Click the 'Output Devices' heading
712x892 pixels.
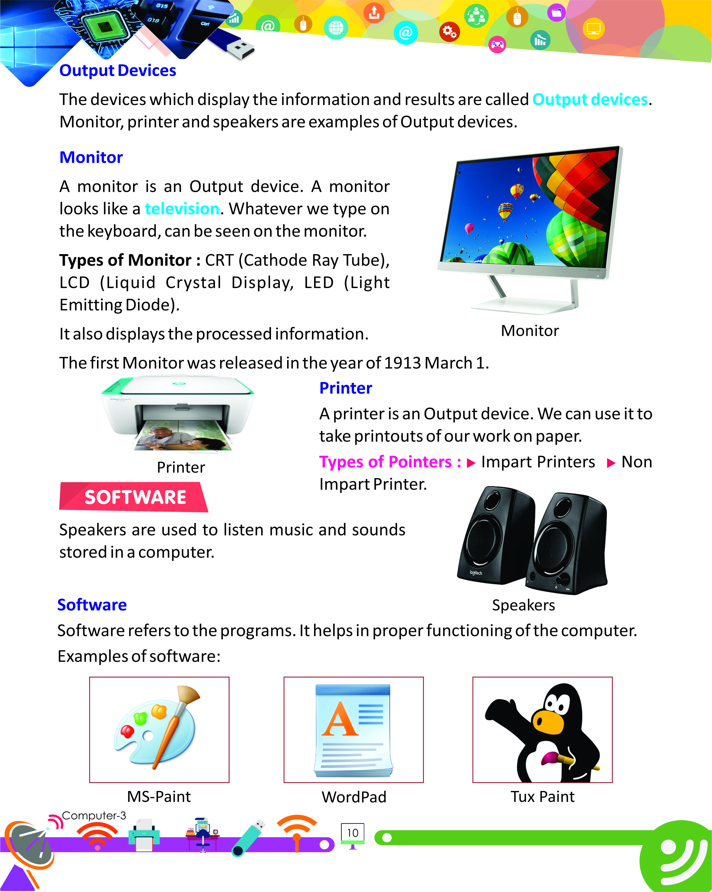[118, 71]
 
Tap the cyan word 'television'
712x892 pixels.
[182, 209]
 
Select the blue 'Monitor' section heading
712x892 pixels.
[91, 158]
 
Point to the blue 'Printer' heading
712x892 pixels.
[346, 388]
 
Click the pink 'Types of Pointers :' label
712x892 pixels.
[390, 462]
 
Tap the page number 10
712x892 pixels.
[353, 833]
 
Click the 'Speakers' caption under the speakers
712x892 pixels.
[523, 605]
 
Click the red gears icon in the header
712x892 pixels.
[449, 32]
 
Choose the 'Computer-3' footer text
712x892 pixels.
[94, 816]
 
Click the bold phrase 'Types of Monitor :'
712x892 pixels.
[130, 260]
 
